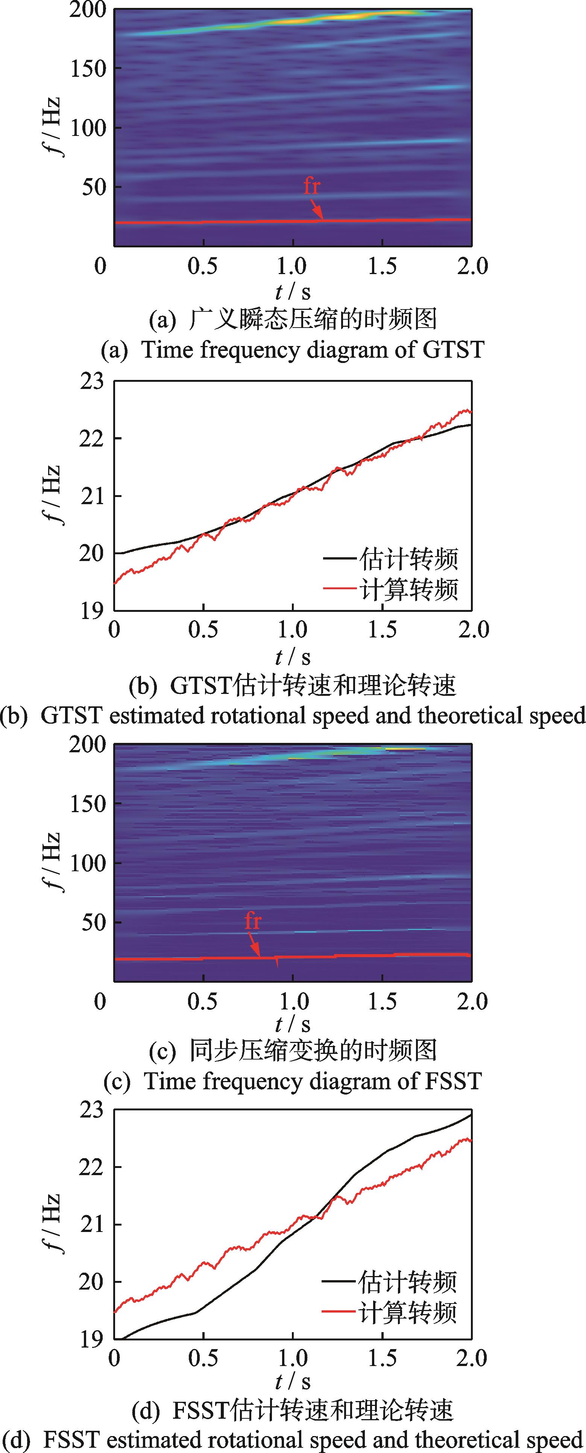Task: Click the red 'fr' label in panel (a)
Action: (x=311, y=186)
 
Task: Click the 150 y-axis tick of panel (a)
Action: (x=88, y=69)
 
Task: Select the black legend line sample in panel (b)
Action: (x=340, y=558)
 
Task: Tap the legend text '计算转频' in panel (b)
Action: (x=408, y=589)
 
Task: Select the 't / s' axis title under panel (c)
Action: (x=293, y=1024)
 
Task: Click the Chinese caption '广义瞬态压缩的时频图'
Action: (x=313, y=320)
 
